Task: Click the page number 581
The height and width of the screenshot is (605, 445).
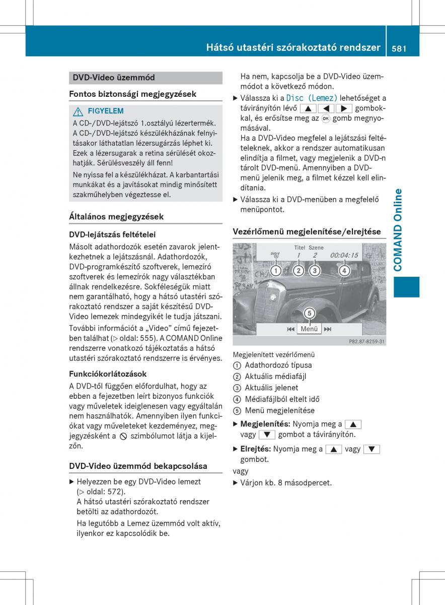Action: click(397, 48)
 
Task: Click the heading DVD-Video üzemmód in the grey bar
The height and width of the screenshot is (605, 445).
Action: click(114, 78)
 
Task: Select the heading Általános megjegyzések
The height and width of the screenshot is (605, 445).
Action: click(116, 217)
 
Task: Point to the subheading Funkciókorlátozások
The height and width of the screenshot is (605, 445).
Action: click(108, 374)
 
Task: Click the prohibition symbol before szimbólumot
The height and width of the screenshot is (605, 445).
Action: click(123, 436)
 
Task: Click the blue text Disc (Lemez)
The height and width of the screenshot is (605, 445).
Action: click(312, 98)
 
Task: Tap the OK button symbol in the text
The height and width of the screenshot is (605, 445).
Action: click(326, 119)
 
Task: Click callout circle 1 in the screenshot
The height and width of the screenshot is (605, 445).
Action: click(275, 271)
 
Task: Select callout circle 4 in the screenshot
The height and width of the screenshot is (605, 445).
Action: click(344, 271)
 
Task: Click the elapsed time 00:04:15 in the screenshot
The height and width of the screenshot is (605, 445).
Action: click(344, 256)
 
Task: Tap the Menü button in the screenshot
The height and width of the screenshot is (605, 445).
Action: click(309, 329)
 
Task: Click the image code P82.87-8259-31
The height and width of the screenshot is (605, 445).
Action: click(366, 341)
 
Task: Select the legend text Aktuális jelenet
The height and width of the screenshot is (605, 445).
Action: click(271, 388)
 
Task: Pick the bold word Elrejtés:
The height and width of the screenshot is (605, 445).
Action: click(256, 449)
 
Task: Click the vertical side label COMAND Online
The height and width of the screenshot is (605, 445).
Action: click(399, 230)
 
